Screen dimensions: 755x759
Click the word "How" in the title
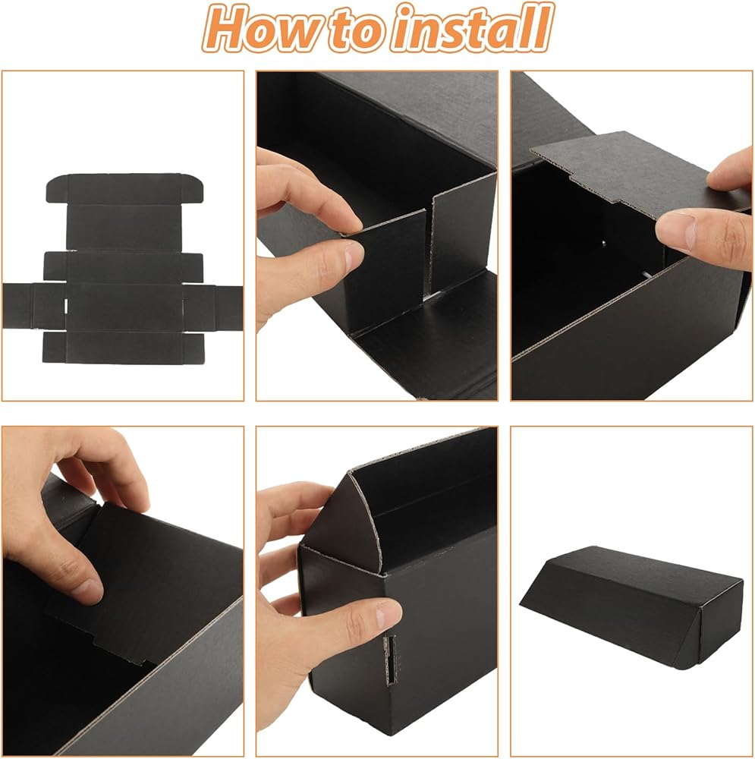pos(263,28)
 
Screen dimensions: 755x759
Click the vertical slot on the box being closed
pos(390,660)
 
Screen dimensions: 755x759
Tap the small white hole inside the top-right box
pos(603,243)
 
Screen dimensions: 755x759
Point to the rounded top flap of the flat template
pos(124,188)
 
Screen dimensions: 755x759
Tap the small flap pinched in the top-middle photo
pos(387,264)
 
